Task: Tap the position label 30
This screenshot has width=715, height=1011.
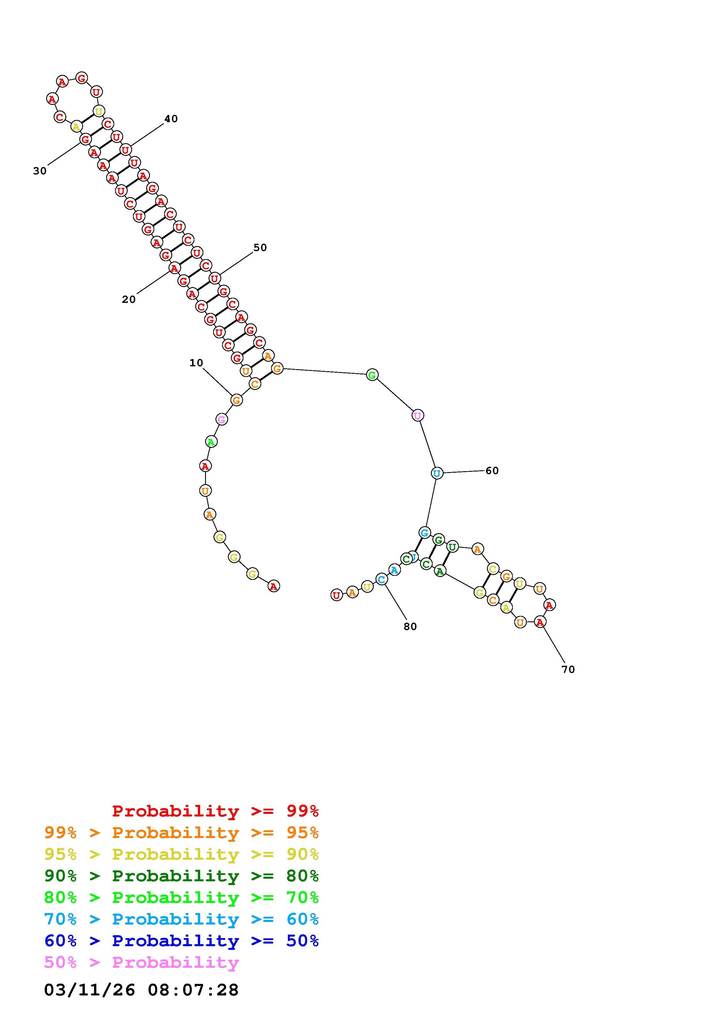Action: coord(40,171)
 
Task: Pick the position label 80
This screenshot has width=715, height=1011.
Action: coord(410,627)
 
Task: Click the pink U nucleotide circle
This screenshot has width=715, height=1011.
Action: coord(418,415)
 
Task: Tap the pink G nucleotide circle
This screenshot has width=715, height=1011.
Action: coord(222,419)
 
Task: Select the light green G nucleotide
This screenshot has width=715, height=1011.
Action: coord(372,375)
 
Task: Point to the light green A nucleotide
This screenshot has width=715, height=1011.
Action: coord(211,441)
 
